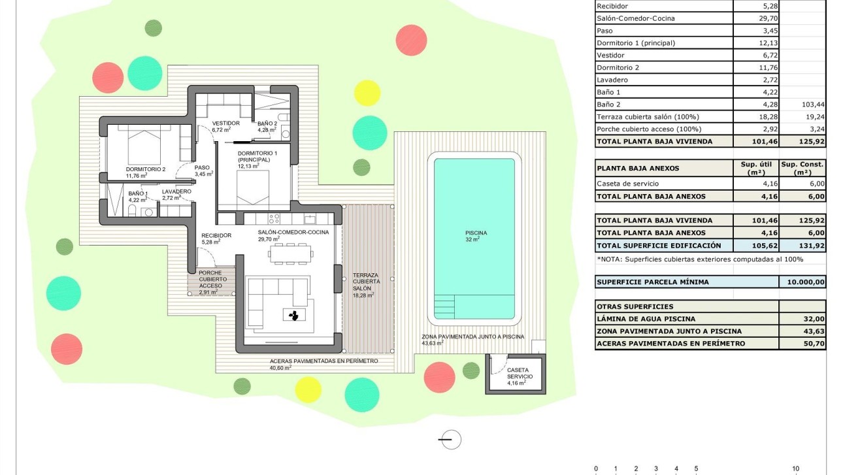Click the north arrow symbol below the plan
450,440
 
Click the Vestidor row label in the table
610,56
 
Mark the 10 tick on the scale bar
795,468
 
